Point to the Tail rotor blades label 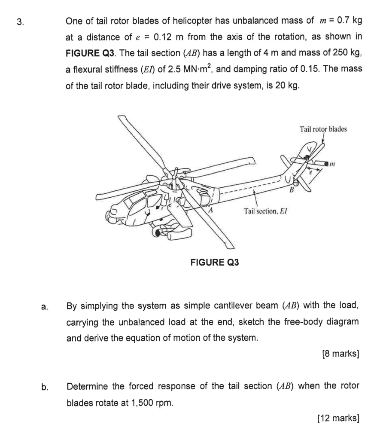pos(323,129)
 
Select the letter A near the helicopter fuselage pos(211,209)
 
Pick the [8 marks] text pos(340,354)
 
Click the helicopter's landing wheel pos(161,233)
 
